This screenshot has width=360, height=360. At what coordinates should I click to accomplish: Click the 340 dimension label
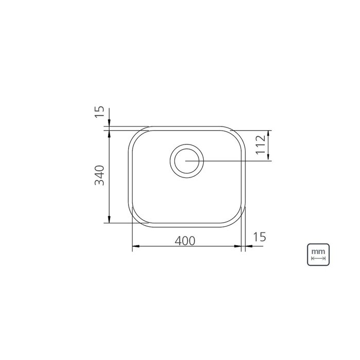tap(100, 175)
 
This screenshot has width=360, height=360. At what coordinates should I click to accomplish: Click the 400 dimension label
tap(185, 241)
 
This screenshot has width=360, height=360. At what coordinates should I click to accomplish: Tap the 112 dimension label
tap(261, 145)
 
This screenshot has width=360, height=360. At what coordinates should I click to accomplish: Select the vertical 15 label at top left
tap(100, 112)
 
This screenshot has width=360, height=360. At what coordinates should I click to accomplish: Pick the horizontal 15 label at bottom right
tap(260, 237)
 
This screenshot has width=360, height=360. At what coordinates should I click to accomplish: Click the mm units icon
tap(318, 255)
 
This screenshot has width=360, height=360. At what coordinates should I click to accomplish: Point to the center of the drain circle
tap(187, 161)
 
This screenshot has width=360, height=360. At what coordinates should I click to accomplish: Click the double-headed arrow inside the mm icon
tap(318, 259)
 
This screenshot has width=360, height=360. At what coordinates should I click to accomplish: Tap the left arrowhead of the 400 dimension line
tap(136, 246)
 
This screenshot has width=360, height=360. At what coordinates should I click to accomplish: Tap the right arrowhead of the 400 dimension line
tap(238, 246)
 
